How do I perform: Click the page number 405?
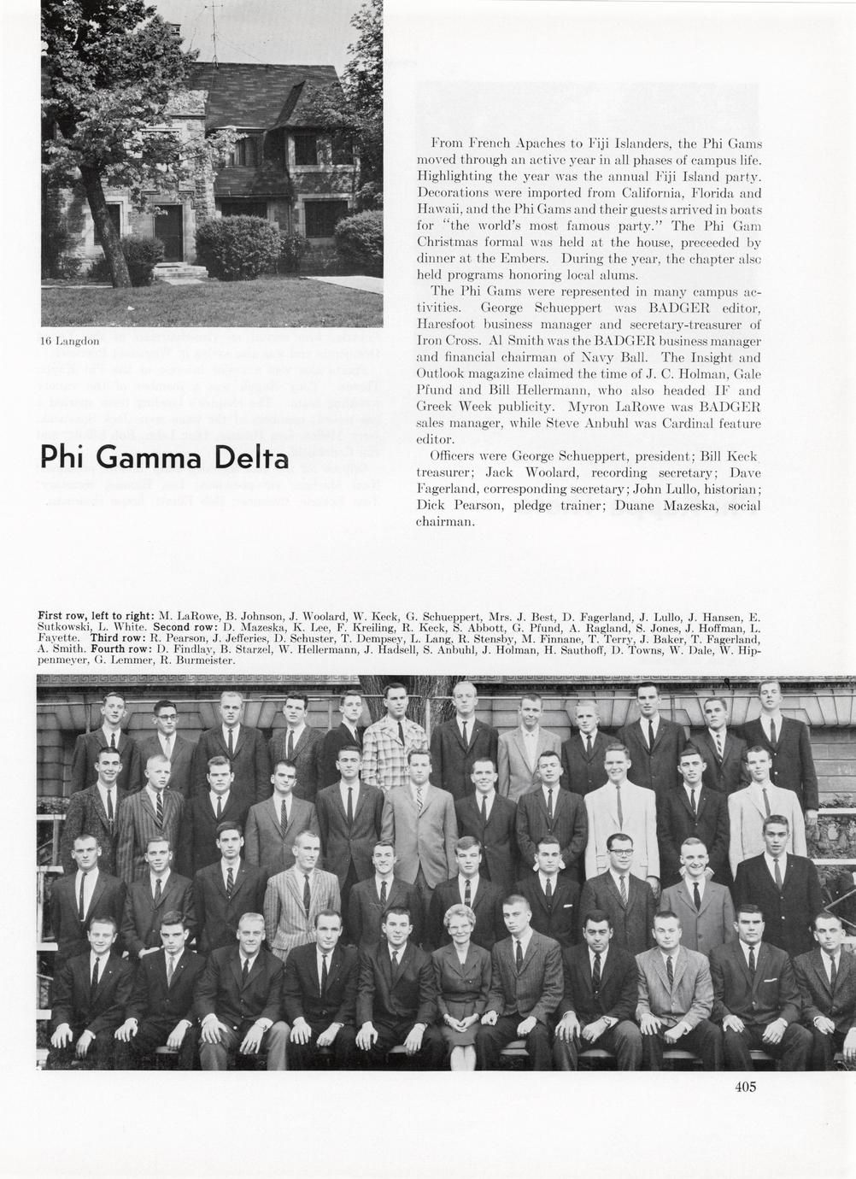point(745,1087)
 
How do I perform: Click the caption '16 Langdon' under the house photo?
point(70,340)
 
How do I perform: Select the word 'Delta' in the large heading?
point(249,458)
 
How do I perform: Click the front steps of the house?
point(180,272)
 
